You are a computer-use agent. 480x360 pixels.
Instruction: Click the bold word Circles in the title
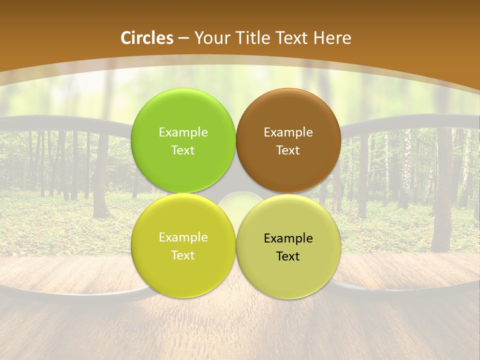147,38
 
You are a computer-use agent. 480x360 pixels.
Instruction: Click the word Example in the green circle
183,132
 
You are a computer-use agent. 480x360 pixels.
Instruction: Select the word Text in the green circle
183,150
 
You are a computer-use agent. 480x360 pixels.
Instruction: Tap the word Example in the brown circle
288,132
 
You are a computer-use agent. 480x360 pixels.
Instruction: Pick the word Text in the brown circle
288,150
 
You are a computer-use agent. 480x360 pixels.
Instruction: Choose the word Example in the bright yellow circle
183,237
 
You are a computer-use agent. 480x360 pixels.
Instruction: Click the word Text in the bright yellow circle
183,255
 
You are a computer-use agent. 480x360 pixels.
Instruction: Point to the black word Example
288,238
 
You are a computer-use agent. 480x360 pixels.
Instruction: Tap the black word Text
288,256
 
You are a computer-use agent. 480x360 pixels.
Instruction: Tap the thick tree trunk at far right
443,190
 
